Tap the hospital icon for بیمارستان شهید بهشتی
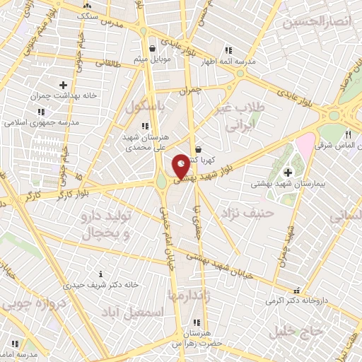(288, 173)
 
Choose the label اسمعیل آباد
(133, 312)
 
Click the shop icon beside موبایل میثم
(153, 49)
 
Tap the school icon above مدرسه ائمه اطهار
(228, 50)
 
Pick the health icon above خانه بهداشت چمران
(63, 85)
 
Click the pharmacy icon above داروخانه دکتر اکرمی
(296, 289)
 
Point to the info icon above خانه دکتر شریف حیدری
(101, 274)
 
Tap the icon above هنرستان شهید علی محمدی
(144, 126)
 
